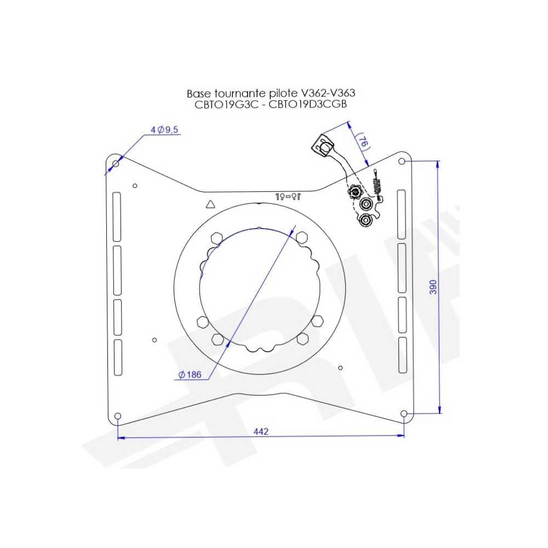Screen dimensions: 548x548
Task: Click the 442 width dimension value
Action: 261,432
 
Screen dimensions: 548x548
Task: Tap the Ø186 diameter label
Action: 190,375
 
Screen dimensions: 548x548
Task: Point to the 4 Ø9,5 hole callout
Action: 165,130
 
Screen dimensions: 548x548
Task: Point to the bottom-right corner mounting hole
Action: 404,414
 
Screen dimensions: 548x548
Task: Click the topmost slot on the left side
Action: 116,216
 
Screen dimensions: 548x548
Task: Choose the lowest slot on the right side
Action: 402,355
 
